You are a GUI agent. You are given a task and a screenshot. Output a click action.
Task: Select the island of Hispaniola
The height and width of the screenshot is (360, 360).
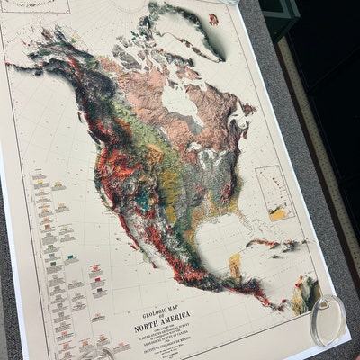point(290,247)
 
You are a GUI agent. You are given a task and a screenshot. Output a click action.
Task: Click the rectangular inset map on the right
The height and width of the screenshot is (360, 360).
point(274,193)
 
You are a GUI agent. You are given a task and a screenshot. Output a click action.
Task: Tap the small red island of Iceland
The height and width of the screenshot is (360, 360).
point(212,18)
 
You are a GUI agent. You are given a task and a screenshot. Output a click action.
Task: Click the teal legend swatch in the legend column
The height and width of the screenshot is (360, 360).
point(69,256)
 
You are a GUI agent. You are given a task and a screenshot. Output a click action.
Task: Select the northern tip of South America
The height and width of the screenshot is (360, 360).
point(306,293)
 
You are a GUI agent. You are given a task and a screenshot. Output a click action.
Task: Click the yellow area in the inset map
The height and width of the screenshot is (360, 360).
point(280,214)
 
